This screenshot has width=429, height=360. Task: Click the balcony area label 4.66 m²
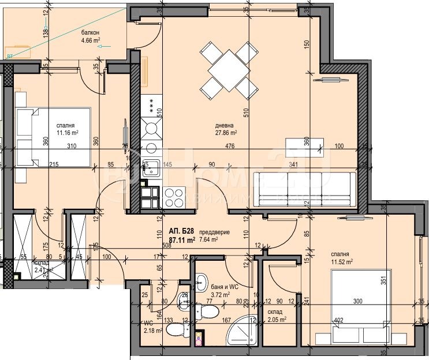(90, 40)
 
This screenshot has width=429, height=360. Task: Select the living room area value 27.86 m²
(225, 132)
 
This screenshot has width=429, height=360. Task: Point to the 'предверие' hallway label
(215, 232)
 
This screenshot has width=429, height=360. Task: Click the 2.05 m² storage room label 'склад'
(275, 312)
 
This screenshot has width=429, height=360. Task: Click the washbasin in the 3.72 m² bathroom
(200, 282)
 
